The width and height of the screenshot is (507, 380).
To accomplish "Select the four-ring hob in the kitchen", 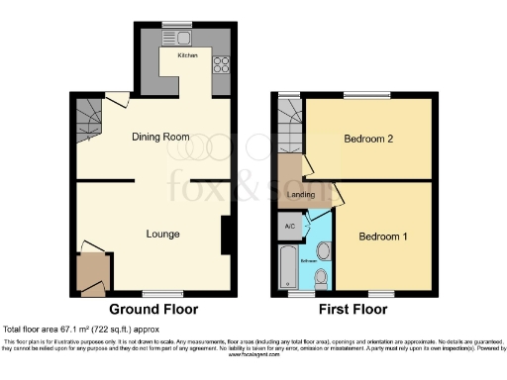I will point(220,67).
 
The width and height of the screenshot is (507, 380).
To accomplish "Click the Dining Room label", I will point(160,137).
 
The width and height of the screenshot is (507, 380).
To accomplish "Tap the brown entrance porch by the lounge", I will point(92,271).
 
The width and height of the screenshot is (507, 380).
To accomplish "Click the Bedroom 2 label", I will point(368,140).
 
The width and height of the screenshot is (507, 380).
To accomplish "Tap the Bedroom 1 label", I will point(382,237).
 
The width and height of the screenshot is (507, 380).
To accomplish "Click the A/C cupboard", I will point(290,227).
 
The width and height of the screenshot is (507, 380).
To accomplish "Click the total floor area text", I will point(81,329).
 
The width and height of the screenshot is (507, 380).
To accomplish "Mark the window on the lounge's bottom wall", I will point(154,294).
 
